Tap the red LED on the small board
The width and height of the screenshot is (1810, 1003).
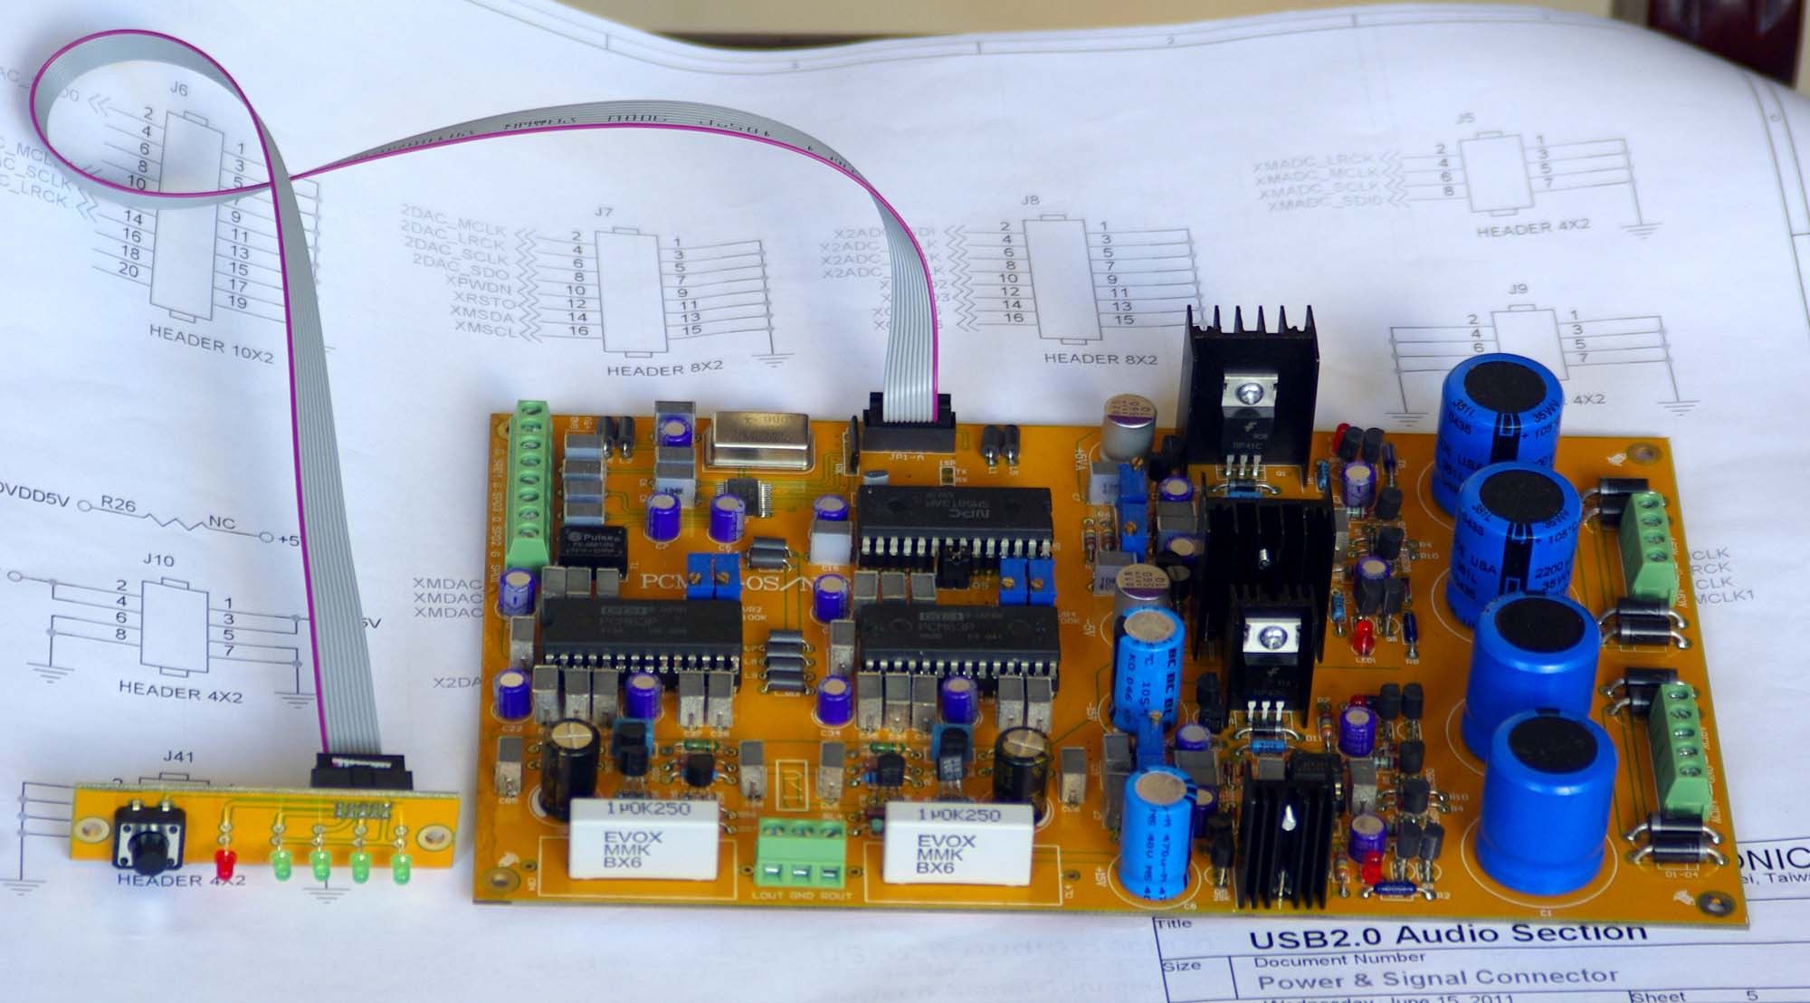pos(224,859)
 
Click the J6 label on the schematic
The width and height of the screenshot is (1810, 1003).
pos(179,90)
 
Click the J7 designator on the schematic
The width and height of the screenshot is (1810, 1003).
pos(604,212)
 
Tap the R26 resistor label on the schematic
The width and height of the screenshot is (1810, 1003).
pos(119,505)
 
